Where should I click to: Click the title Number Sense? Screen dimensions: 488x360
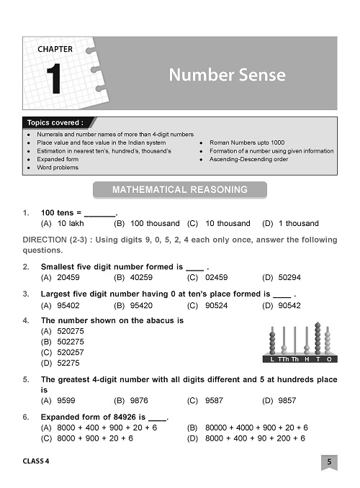(x=227, y=75)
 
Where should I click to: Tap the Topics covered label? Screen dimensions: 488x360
(x=55, y=123)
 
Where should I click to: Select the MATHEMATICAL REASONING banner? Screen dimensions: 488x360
(x=179, y=190)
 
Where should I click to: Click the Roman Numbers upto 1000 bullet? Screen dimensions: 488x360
(x=247, y=143)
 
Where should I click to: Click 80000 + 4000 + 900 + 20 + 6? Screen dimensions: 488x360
(x=256, y=428)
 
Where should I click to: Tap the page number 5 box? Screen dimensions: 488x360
(x=328, y=461)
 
